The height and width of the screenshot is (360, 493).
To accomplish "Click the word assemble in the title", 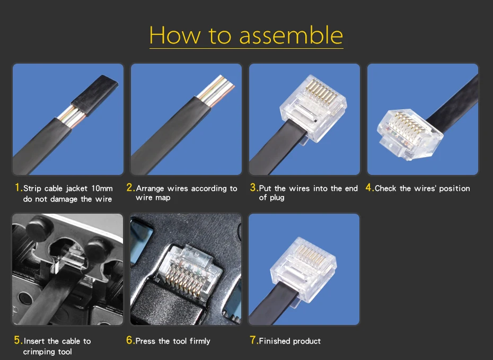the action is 291,35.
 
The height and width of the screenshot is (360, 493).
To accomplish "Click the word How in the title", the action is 174,35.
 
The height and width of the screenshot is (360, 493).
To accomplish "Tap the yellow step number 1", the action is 18,188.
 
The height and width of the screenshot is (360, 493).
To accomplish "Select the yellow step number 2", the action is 130,188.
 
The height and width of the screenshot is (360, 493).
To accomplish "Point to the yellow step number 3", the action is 254,188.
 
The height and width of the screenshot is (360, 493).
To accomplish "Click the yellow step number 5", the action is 18,340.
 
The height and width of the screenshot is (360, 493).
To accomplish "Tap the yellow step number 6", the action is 130,340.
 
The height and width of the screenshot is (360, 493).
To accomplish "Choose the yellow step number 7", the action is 254,340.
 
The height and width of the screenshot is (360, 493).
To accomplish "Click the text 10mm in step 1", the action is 102,188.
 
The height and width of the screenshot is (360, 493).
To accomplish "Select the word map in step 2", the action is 163,198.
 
